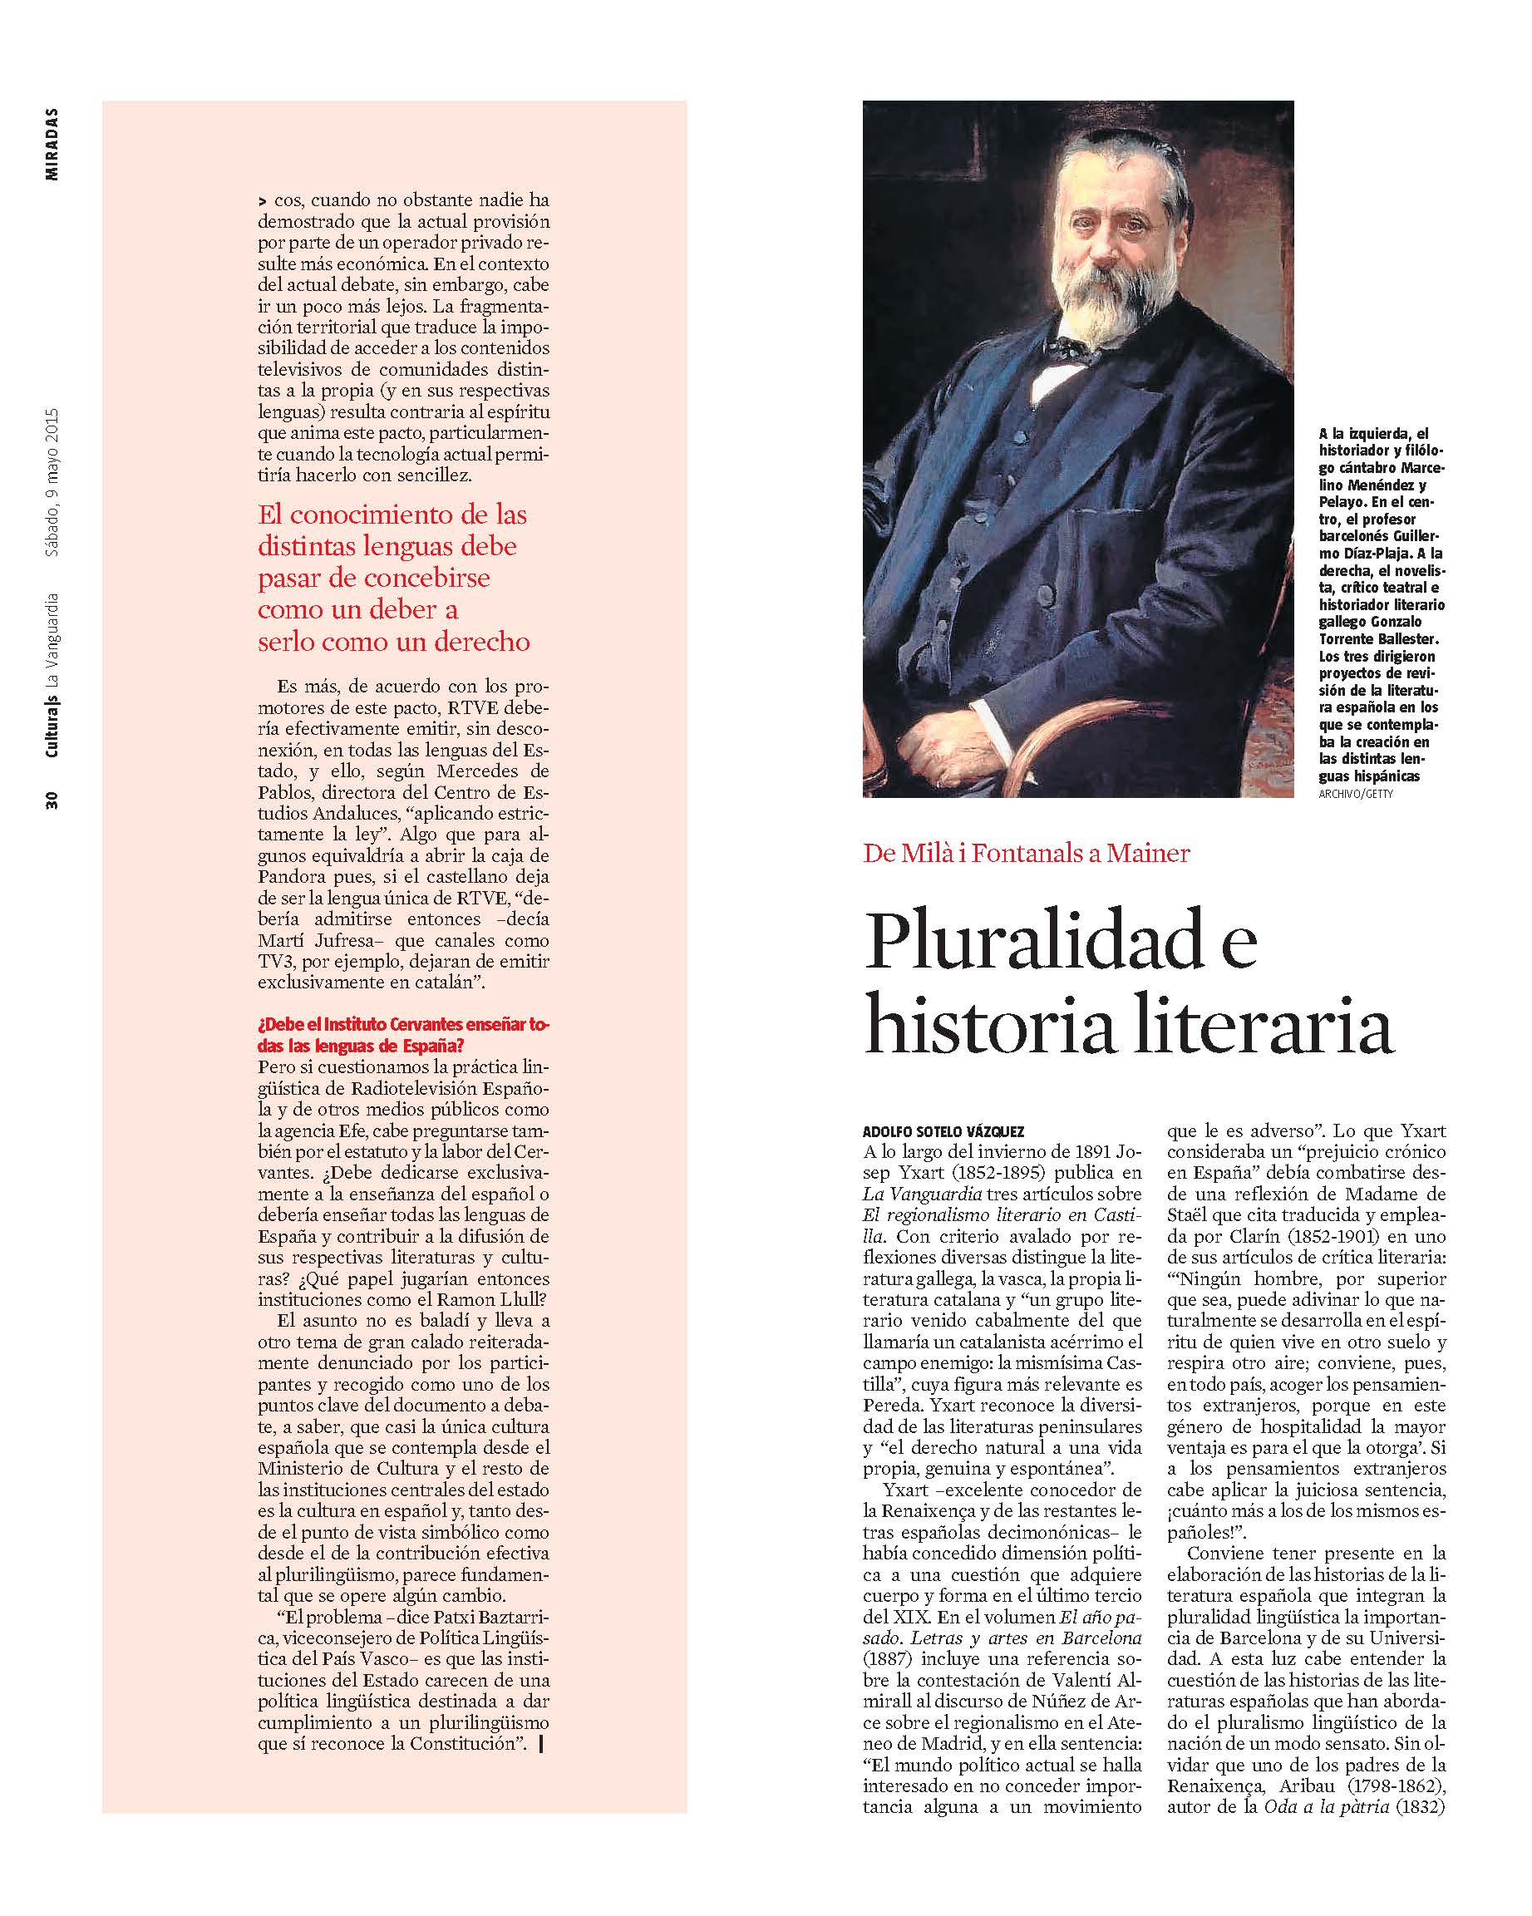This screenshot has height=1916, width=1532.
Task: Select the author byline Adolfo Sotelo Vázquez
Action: click(x=943, y=1131)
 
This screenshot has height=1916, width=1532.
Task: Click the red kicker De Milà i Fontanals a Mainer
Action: click(x=1026, y=853)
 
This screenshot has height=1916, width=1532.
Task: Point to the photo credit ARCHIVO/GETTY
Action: click(x=1356, y=794)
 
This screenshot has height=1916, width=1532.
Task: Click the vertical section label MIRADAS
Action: click(x=52, y=144)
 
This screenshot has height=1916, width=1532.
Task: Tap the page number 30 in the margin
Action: click(x=52, y=799)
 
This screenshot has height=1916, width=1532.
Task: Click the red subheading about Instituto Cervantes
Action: click(x=403, y=1033)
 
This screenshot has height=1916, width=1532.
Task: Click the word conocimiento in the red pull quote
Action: click(x=387, y=515)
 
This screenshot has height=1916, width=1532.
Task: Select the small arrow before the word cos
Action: click(x=262, y=202)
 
